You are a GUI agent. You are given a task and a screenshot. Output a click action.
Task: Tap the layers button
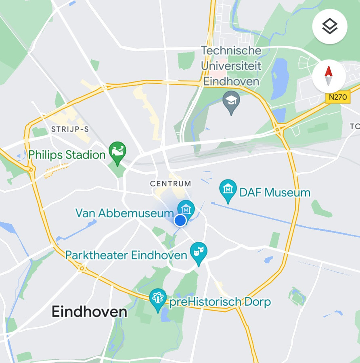click(x=330, y=26)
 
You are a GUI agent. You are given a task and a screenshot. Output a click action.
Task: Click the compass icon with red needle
click(x=329, y=76)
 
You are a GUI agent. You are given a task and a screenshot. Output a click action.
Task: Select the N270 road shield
click(x=338, y=97)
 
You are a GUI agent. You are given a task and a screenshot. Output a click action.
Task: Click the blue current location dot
click(x=180, y=220)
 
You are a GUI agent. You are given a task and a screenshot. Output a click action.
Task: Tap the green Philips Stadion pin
click(x=117, y=152)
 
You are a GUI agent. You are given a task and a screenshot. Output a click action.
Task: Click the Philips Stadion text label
click(x=67, y=154)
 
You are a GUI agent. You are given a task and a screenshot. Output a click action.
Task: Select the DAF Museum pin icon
click(x=228, y=190)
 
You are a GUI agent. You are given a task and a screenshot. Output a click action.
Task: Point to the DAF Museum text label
click(x=275, y=192)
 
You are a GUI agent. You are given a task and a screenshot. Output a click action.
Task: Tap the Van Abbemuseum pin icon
click(x=186, y=209)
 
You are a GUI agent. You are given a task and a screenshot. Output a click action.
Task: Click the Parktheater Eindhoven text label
click(x=126, y=255)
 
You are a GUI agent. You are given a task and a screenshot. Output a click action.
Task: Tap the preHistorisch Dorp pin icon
click(x=158, y=299)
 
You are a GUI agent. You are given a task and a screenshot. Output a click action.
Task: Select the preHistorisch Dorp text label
click(x=220, y=302)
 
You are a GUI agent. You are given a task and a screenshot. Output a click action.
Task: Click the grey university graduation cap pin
click(x=231, y=101)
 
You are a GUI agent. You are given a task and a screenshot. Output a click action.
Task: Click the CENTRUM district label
click(x=171, y=184)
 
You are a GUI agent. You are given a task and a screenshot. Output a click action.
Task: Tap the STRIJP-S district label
click(x=70, y=129)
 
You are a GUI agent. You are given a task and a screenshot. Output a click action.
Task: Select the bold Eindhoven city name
click(x=89, y=311)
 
